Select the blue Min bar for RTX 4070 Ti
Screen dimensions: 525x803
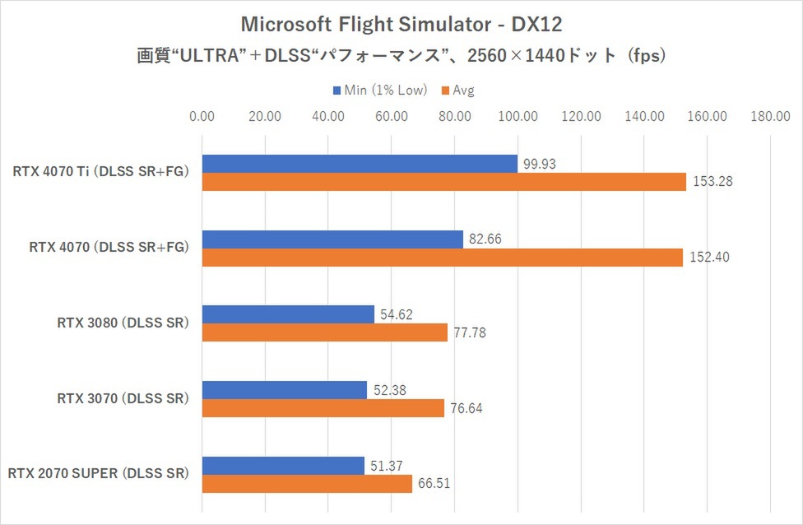point(360,164)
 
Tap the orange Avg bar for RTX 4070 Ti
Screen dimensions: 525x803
point(443,182)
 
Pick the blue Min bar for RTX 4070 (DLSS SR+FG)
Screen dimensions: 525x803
point(332,239)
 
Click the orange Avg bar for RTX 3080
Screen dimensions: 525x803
point(324,332)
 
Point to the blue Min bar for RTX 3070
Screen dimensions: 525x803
point(284,390)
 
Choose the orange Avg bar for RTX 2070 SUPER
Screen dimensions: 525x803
point(307,484)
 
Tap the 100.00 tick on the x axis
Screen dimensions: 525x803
point(518,116)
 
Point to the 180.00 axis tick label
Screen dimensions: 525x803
point(771,116)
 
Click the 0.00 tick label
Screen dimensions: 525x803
point(202,116)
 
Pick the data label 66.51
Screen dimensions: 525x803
point(437,484)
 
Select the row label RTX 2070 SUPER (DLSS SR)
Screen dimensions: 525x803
point(98,474)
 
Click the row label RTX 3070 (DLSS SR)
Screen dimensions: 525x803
point(123,398)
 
